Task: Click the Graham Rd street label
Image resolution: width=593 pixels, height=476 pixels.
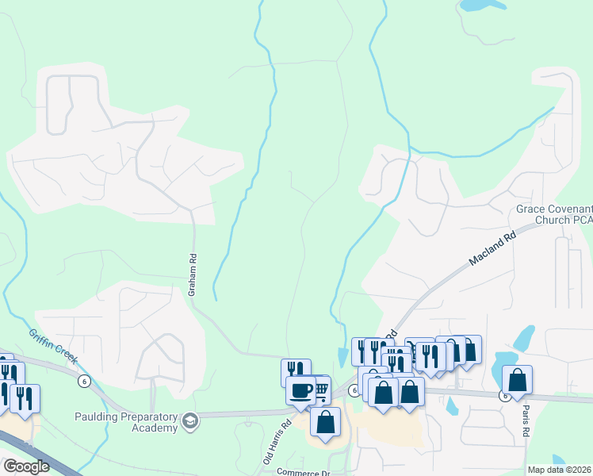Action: tap(191, 274)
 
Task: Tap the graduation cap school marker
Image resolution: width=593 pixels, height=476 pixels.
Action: tap(189, 420)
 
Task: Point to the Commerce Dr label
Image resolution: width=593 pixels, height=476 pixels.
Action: tap(301, 471)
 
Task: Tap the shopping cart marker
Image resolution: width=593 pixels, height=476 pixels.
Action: tap(320, 388)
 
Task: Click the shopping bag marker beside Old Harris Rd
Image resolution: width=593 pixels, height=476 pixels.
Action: tap(325, 421)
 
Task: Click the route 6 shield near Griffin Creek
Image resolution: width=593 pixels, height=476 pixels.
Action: tap(83, 381)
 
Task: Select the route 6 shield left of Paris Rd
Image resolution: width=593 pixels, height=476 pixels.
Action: tap(503, 394)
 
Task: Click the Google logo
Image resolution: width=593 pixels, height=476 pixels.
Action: tap(26, 466)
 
